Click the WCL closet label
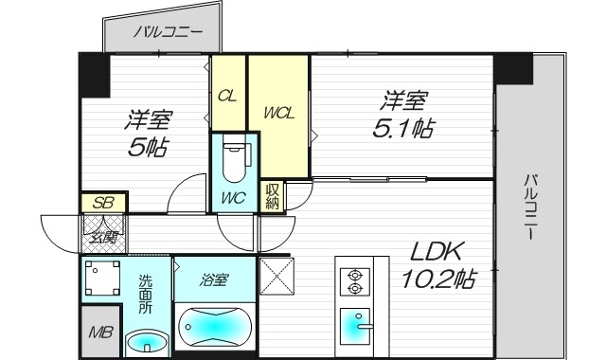[x=278, y=113]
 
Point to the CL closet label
[x=227, y=96]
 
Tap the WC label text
[x=233, y=198]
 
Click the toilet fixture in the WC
[x=233, y=160]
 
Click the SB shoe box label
[x=102, y=202]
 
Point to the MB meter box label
[x=98, y=333]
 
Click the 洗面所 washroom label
[x=145, y=293]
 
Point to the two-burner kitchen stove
[x=356, y=281]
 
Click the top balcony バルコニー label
[x=168, y=31]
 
